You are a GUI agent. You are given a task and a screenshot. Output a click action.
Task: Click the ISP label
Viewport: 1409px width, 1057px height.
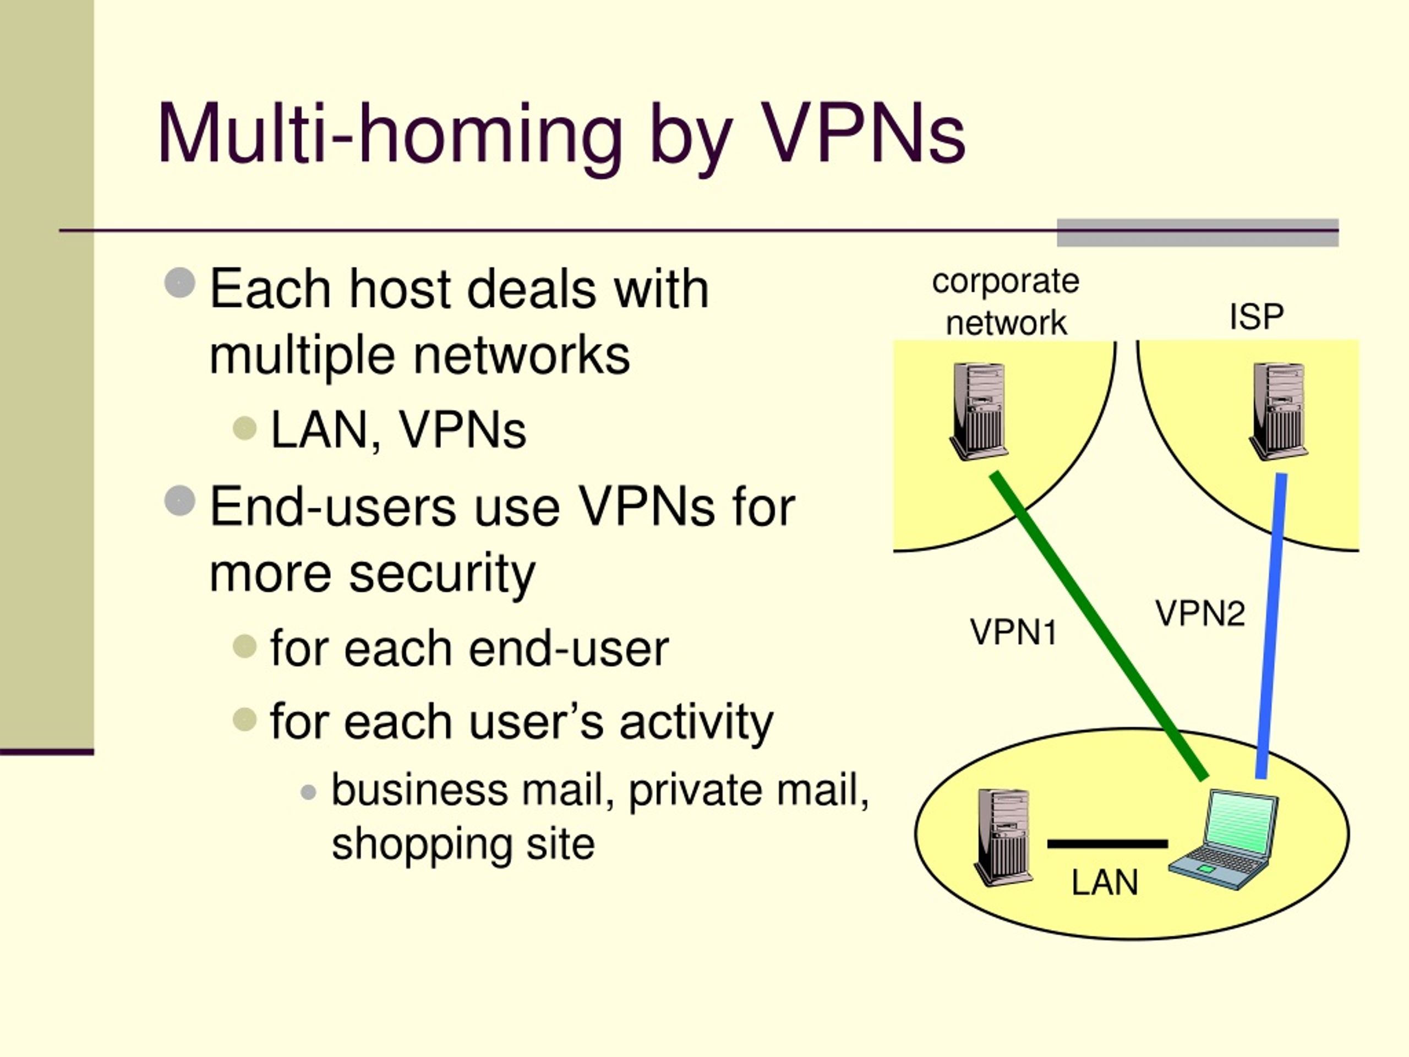[x=1256, y=316]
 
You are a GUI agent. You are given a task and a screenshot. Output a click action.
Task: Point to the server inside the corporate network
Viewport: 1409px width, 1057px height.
[x=979, y=411]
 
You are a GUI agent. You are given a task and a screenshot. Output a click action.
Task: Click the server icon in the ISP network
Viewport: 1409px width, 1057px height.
[x=1278, y=411]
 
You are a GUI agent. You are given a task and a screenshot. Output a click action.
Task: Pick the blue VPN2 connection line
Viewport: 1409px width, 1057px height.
[x=1271, y=625]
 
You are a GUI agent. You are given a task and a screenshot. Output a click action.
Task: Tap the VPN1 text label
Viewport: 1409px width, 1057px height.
[x=1013, y=633]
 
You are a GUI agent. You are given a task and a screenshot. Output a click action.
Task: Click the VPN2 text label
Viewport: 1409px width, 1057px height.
[x=1200, y=614]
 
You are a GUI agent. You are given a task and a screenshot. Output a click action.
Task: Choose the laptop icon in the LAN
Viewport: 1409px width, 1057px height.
[x=1223, y=839]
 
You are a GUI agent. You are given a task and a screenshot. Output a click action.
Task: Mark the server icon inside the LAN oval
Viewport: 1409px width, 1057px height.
[x=1003, y=837]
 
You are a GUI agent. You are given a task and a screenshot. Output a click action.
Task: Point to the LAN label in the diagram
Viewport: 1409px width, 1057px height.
[x=1105, y=882]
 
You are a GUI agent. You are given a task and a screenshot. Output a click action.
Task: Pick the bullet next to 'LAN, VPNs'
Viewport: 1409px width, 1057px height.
[x=245, y=429]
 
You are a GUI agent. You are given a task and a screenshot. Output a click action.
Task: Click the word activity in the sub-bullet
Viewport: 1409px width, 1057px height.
[x=696, y=722]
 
